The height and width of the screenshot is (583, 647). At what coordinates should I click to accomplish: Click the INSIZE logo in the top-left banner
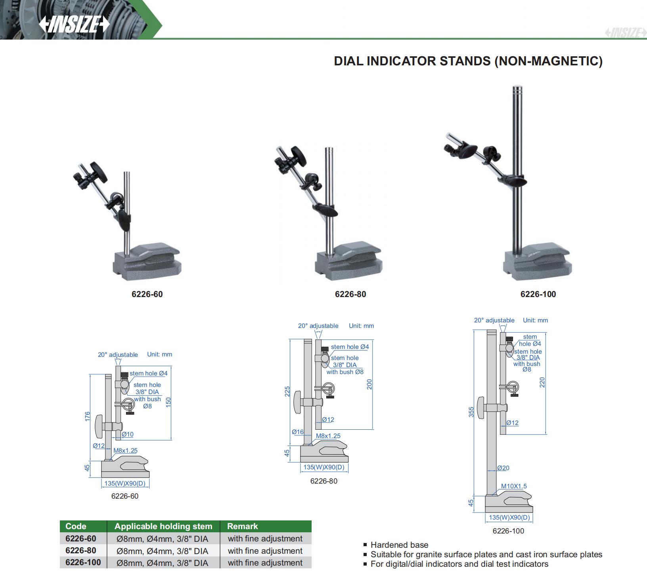click(x=74, y=25)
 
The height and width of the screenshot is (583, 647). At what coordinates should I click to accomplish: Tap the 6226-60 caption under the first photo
click(x=147, y=294)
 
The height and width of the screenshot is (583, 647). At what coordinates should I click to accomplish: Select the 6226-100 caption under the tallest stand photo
click(x=538, y=294)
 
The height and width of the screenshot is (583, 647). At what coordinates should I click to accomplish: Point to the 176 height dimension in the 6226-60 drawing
click(x=88, y=417)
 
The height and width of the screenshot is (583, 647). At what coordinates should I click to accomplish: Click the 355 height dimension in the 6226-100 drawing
click(x=471, y=412)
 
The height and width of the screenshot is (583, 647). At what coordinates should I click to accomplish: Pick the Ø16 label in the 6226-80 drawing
click(x=297, y=432)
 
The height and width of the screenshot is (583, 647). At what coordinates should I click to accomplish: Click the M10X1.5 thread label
click(x=514, y=486)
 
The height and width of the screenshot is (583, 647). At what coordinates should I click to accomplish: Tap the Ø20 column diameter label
click(x=503, y=468)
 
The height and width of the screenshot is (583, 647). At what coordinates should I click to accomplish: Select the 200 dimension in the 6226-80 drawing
click(x=369, y=384)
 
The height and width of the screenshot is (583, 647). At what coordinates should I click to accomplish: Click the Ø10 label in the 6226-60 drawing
click(x=127, y=434)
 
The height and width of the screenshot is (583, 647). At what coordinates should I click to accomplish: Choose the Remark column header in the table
click(x=242, y=526)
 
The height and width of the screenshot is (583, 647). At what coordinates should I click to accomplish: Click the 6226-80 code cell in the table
click(x=80, y=551)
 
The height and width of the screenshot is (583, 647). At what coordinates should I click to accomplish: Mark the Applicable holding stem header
click(x=163, y=526)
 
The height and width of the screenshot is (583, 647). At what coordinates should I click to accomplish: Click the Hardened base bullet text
click(x=399, y=545)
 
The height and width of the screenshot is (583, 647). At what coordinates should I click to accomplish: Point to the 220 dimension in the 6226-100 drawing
click(x=542, y=382)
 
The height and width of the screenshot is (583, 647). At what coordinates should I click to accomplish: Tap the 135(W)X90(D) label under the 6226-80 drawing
click(x=324, y=467)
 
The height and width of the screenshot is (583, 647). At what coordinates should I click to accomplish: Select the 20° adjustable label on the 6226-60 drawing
click(x=118, y=354)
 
